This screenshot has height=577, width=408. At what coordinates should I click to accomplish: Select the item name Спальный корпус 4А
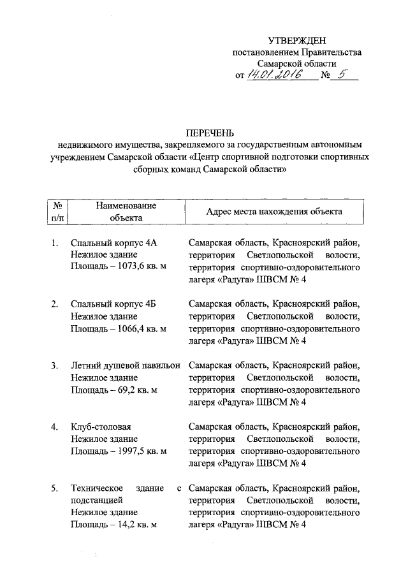[114, 242]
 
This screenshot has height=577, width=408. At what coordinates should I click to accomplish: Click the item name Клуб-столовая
[105, 426]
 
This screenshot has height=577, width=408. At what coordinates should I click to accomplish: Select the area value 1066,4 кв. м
[140, 328]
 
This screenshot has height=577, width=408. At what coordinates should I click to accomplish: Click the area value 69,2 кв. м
[135, 389]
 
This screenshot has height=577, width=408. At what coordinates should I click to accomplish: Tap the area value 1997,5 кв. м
[140, 450]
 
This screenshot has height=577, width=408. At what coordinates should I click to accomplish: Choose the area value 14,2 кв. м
[135, 524]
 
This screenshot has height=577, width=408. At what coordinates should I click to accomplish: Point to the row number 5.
[55, 488]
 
